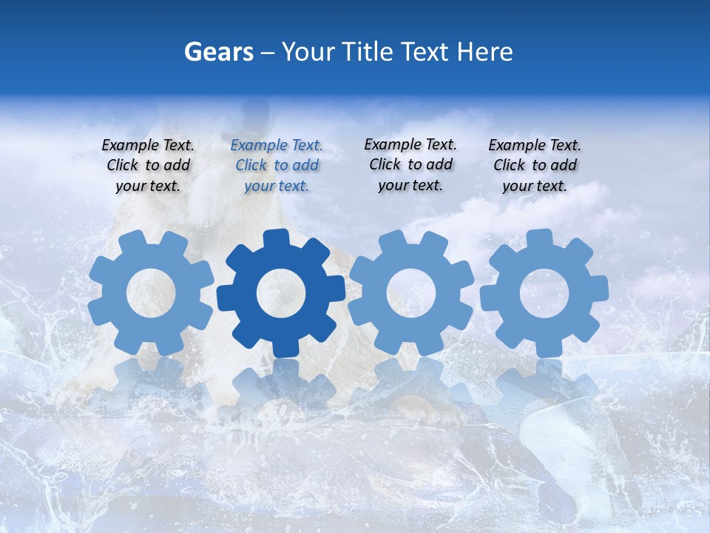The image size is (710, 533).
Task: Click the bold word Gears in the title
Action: (218, 52)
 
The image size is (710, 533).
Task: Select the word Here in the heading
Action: (484, 52)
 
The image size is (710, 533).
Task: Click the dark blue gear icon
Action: (281, 293)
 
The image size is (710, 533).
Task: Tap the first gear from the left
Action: (151, 293)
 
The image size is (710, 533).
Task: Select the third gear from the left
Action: (411, 293)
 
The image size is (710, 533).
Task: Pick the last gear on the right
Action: (544, 293)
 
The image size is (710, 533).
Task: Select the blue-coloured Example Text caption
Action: (277, 166)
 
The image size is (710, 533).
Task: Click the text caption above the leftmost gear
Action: (148, 166)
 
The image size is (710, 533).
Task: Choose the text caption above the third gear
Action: (410, 164)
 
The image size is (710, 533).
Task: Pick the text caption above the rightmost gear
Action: (535, 166)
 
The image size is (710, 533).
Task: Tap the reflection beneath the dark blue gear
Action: (281, 385)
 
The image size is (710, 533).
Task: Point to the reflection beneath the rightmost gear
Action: (544, 385)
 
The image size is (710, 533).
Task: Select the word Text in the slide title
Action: (425, 52)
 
